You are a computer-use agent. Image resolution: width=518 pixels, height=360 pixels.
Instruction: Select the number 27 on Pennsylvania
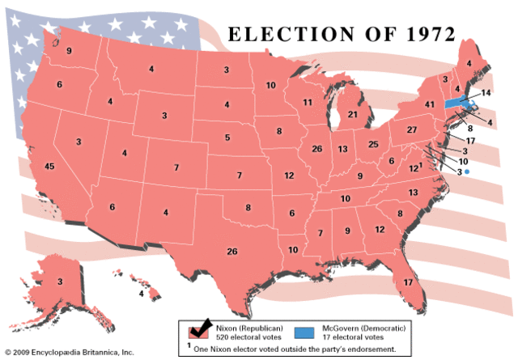(x=411, y=130)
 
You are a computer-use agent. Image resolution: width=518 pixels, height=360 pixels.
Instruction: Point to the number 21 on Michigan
(x=353, y=115)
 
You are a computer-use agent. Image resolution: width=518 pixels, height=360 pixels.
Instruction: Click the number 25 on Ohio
(x=374, y=144)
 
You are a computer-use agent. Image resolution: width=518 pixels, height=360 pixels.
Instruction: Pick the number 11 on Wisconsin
(x=308, y=103)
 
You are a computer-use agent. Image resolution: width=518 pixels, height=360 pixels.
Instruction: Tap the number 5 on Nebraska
(x=227, y=138)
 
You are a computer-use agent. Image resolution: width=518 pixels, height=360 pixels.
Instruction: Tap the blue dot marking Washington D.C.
(x=467, y=172)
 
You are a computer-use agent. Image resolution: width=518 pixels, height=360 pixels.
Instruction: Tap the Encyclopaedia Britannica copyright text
(x=67, y=354)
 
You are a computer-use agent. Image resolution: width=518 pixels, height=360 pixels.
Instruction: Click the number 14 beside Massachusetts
(x=485, y=94)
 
